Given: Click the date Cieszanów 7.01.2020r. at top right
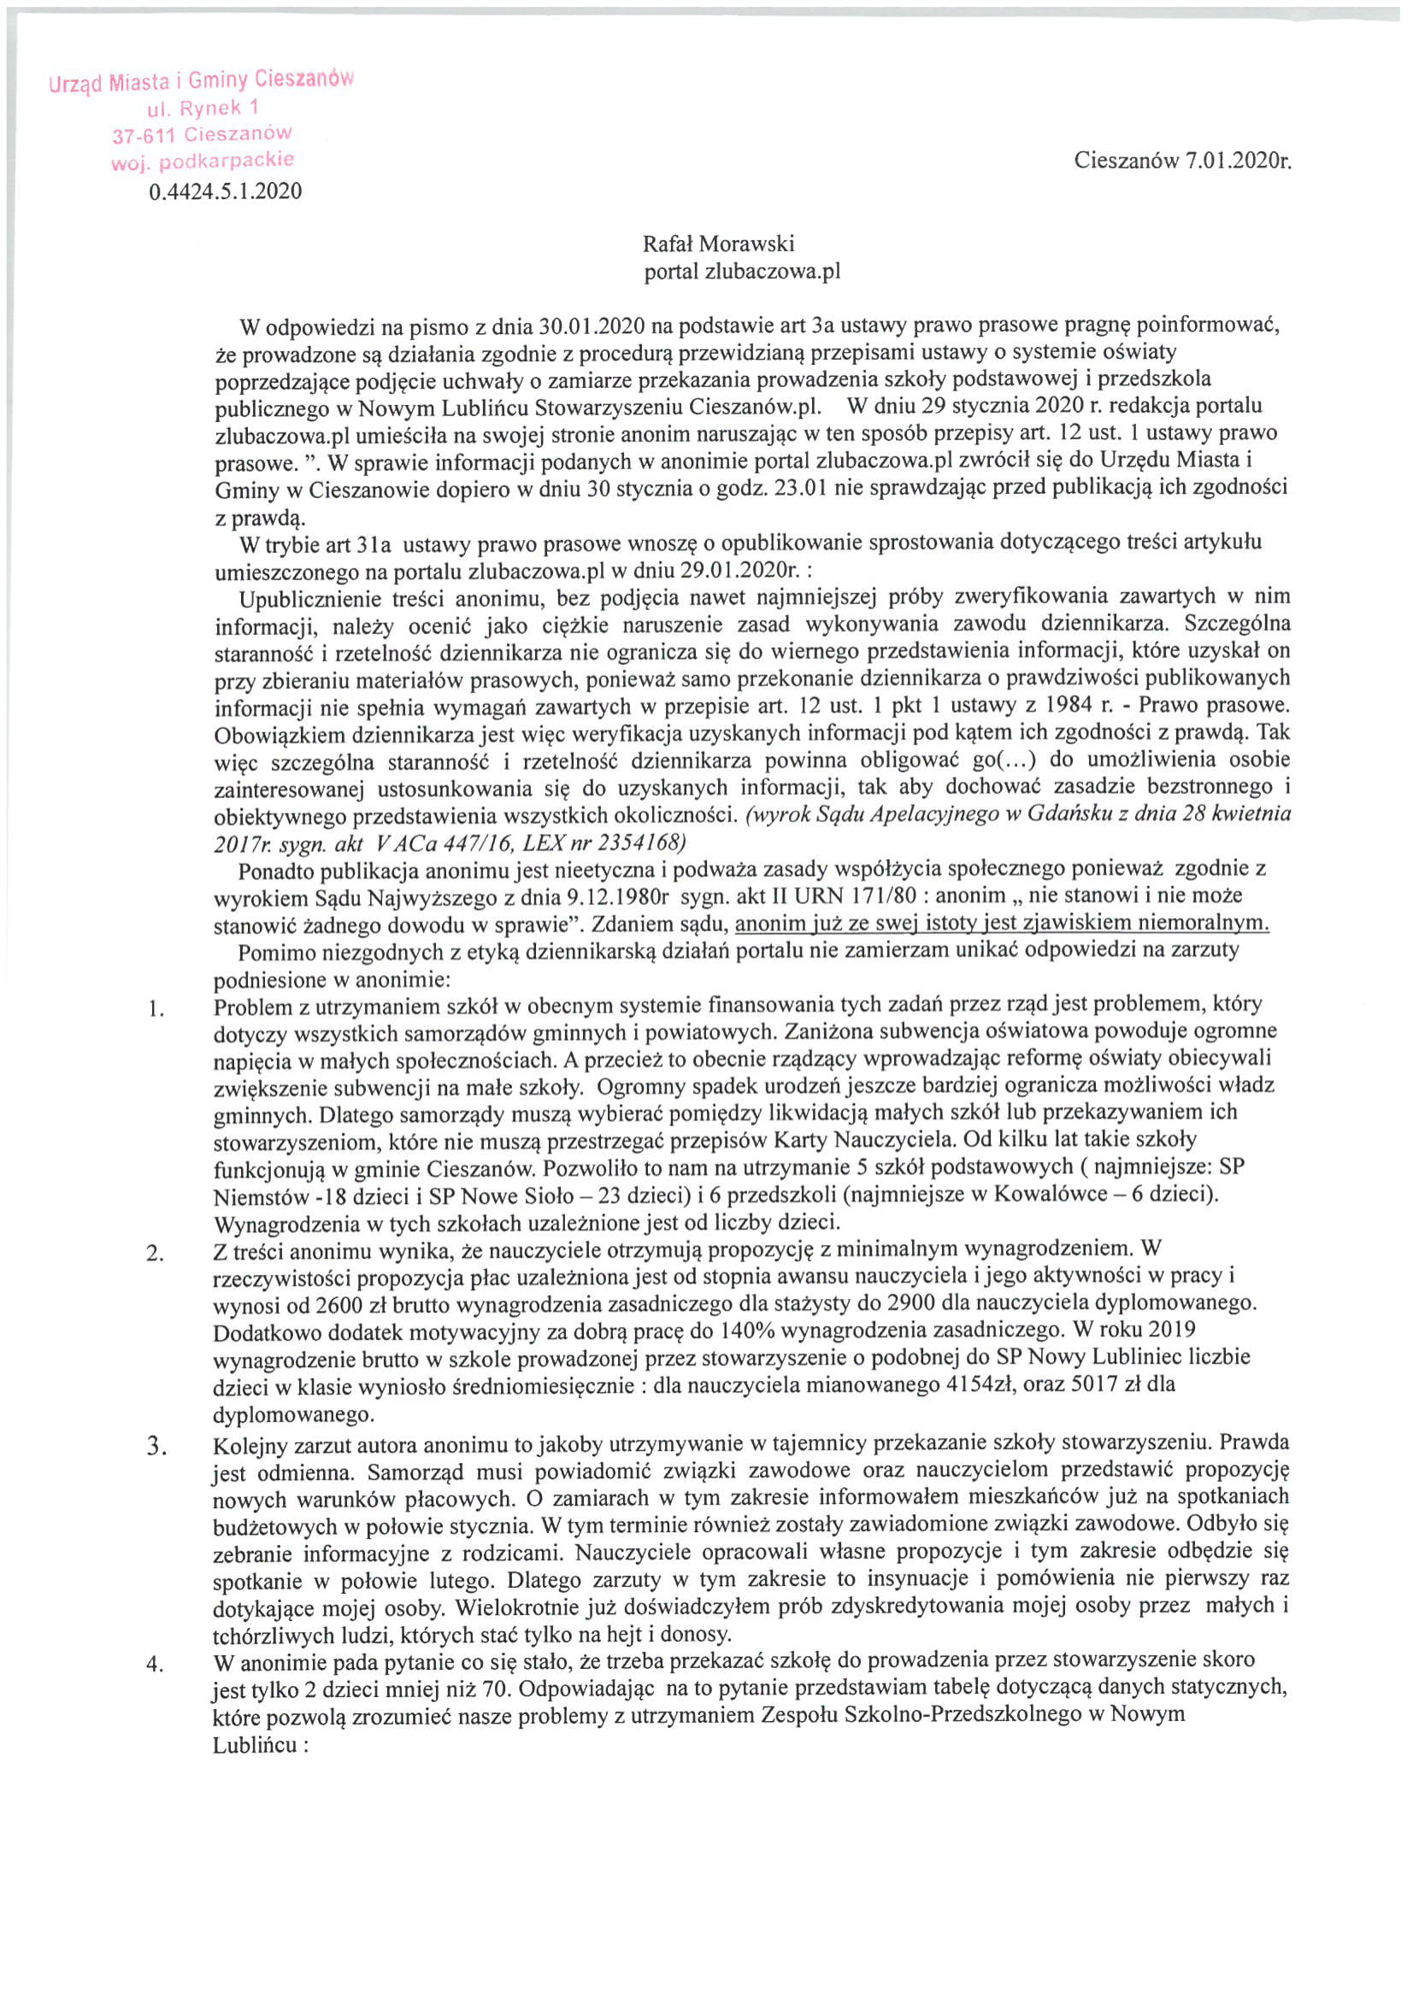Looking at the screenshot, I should pos(1183,161).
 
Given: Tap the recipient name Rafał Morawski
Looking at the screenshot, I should pos(719,244).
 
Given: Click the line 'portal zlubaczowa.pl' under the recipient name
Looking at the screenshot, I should pos(742,273).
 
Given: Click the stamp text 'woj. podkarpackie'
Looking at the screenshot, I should pos(203,161).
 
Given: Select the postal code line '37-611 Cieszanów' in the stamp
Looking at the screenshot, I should pos(203,135).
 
